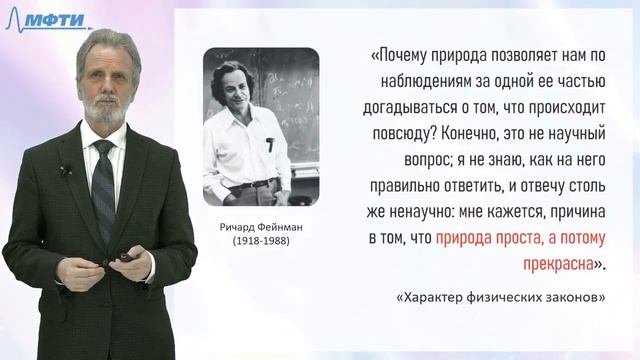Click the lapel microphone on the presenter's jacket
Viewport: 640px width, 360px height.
65,171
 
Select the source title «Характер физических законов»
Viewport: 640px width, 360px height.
500,298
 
